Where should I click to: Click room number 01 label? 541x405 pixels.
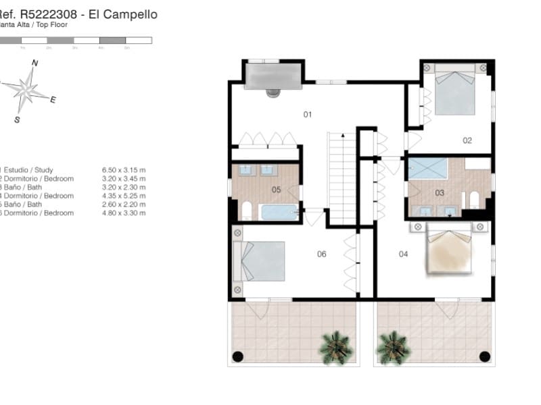307,115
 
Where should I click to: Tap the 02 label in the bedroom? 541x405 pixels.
467,140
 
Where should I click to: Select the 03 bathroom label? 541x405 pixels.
440,193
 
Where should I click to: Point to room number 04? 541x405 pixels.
404,254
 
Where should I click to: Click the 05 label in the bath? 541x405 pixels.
276,190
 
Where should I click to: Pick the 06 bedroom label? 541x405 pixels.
322,254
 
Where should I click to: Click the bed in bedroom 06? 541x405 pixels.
260,261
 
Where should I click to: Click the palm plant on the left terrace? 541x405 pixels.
335,347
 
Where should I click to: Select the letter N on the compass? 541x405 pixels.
34,63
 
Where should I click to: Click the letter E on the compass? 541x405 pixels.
53,99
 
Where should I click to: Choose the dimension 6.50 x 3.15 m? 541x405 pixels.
124,170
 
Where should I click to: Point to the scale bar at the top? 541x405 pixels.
74,40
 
